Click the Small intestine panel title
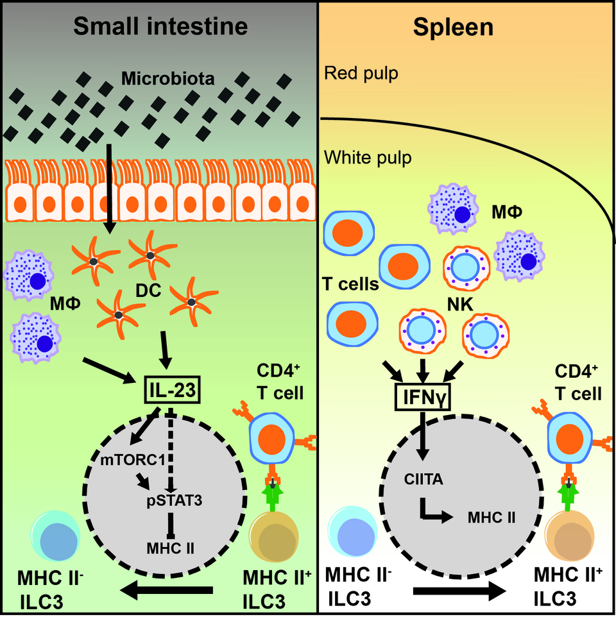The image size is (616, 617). pyautogui.click(x=160, y=26)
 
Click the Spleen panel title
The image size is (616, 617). pyautogui.click(x=454, y=26)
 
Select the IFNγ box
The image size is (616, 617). pyautogui.click(x=424, y=399)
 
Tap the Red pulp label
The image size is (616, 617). pyautogui.click(x=361, y=73)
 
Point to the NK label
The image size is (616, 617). pyautogui.click(x=462, y=306)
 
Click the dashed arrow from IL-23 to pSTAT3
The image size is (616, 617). pyautogui.click(x=169, y=449)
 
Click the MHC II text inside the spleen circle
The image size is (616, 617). pyautogui.click(x=492, y=516)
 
